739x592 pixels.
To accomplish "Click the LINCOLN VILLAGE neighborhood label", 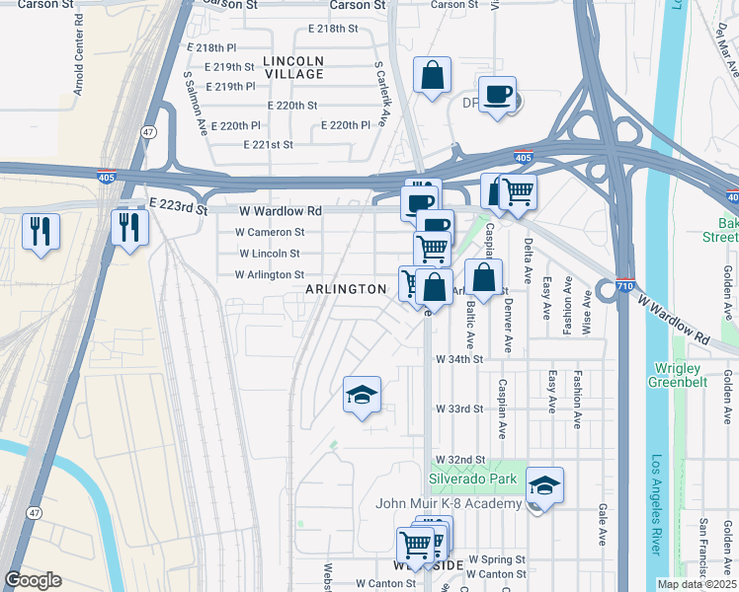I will pyautogui.click(x=293, y=67).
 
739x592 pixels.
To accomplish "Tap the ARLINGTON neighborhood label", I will pyautogui.click(x=345, y=289).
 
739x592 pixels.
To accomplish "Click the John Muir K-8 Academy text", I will pyautogui.click(x=449, y=504).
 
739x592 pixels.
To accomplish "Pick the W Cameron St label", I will pyautogui.click(x=272, y=232).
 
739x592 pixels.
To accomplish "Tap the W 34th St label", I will pyautogui.click(x=459, y=360).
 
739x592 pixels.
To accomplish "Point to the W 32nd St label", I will pyautogui.click(x=459, y=461).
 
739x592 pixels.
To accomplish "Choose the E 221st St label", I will pyautogui.click(x=269, y=144).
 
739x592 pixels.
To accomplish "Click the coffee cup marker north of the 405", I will pyautogui.click(x=497, y=95).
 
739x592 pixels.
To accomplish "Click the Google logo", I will pyautogui.click(x=33, y=580).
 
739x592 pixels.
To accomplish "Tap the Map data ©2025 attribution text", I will pyautogui.click(x=697, y=584).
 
